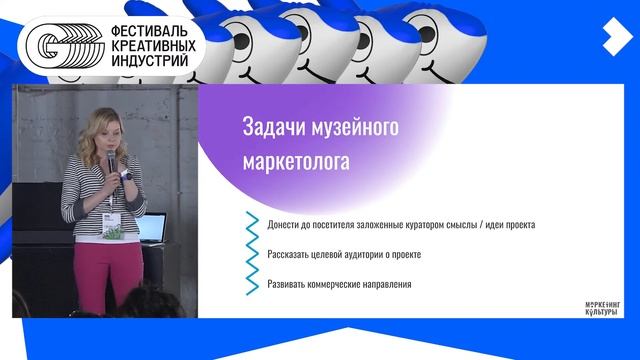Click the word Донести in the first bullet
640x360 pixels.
(285, 224)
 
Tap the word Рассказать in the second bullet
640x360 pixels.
(291, 254)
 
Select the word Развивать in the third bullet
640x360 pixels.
(289, 285)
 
